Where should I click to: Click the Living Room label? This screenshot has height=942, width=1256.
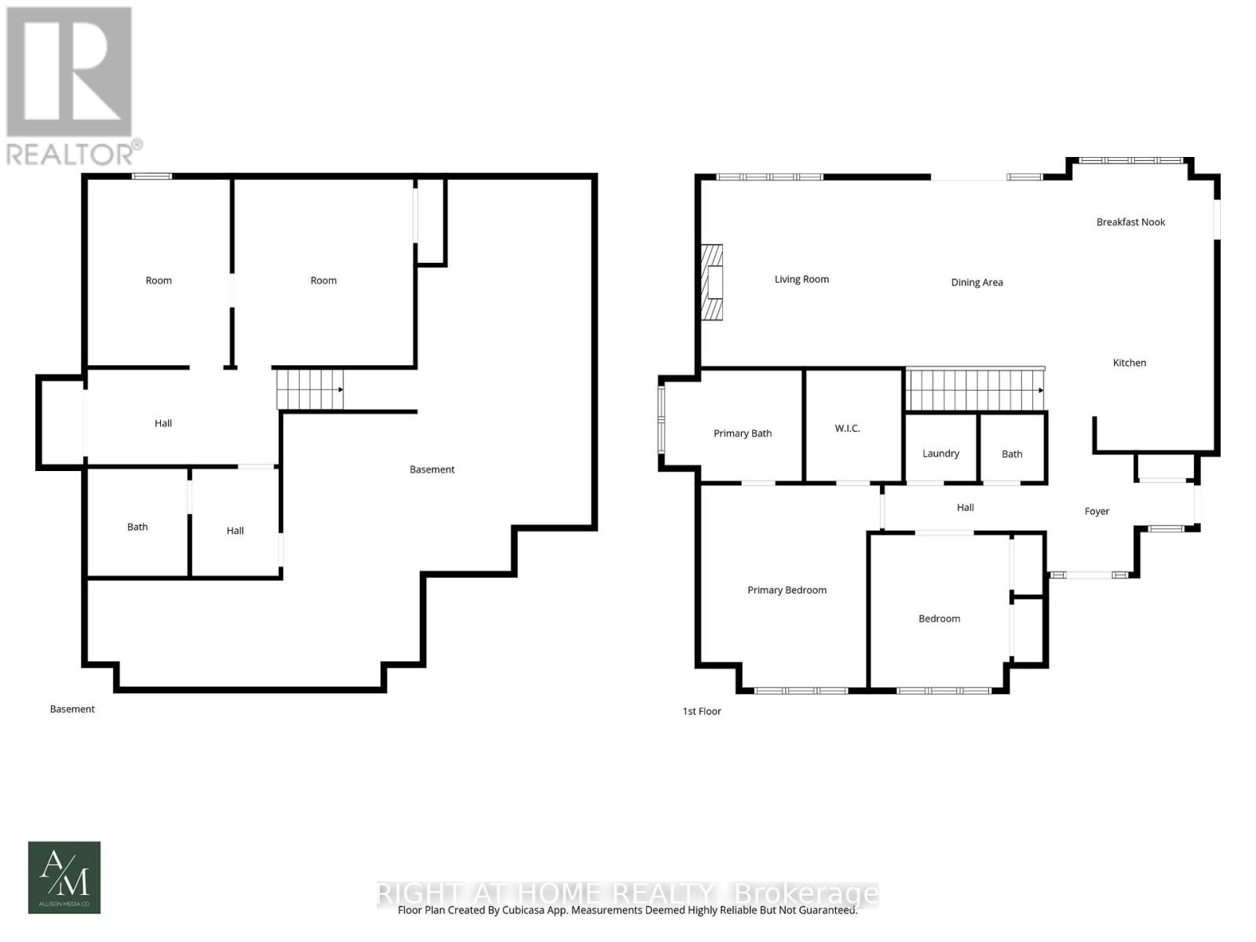(801, 279)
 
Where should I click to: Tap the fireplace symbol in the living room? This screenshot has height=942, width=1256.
(712, 283)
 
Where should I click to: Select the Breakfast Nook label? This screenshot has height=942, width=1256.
(1130, 222)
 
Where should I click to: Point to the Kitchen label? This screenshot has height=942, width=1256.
(1129, 363)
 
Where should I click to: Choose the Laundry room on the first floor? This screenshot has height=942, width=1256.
(940, 453)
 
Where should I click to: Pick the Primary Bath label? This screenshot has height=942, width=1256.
(742, 433)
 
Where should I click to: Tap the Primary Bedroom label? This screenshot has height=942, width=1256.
(787, 590)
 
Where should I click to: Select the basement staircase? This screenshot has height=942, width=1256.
(309, 389)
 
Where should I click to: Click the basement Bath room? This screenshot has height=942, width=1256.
(137, 527)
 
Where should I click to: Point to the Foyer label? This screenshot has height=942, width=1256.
(1097, 511)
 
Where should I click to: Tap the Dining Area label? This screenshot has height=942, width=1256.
(977, 283)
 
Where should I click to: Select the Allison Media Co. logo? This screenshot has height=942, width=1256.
(64, 877)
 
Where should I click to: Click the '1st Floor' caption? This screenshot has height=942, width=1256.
(702, 711)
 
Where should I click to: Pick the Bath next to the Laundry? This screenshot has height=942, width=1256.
(1012, 454)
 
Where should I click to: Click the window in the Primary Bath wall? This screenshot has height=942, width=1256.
(662, 421)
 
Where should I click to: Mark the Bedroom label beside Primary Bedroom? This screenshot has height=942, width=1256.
(939, 619)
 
